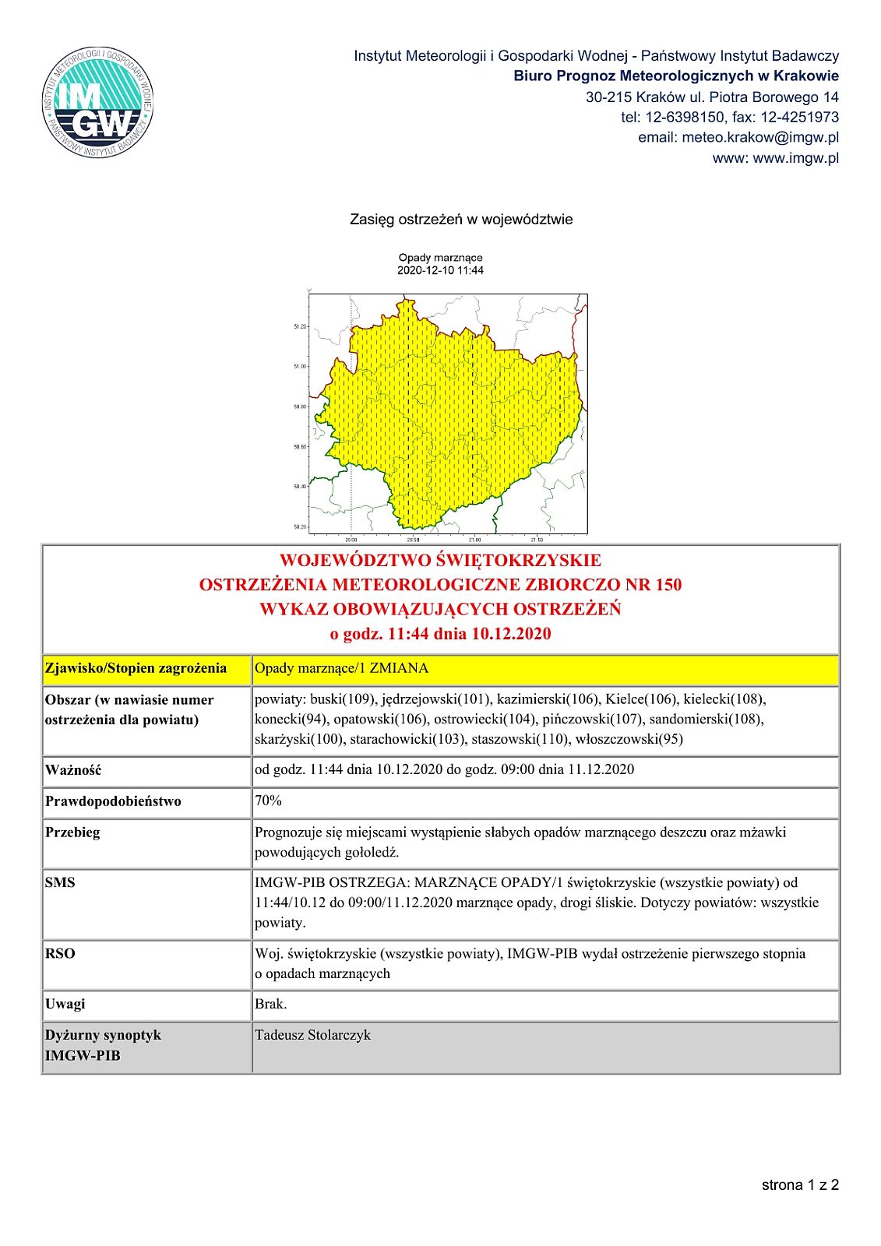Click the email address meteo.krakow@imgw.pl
759,138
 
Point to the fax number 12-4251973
800,118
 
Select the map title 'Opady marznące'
440,258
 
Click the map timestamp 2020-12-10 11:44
440,271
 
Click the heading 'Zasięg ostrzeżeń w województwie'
461,220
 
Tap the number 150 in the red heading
668,585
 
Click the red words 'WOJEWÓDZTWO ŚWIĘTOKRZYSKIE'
440,561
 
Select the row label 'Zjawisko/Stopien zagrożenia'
136,668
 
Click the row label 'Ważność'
73,770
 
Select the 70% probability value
268,801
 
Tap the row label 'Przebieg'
72,832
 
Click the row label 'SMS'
60,883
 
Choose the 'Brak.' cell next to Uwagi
270,1005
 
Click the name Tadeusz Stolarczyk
312,1036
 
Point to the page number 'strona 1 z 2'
800,1185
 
